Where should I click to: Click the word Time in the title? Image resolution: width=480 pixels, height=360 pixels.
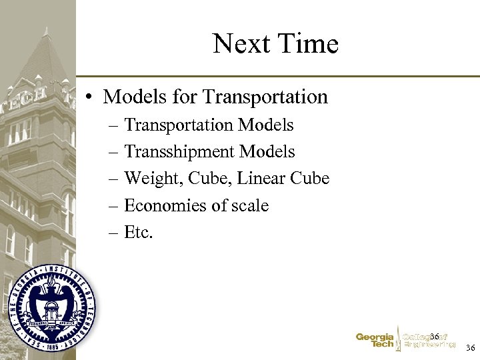pos(309,45)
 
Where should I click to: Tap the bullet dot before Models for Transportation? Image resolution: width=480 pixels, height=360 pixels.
pos(89,97)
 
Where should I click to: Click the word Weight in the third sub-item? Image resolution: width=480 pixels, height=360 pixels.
pos(150,179)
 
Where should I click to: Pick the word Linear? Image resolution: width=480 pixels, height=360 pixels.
pos(262,179)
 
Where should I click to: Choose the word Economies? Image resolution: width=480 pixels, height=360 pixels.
pos(165,206)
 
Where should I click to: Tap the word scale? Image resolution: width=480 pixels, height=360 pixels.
pos(250,206)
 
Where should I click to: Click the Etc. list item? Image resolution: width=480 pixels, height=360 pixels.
pos(139,233)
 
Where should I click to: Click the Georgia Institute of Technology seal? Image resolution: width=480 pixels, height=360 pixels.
pos(51,307)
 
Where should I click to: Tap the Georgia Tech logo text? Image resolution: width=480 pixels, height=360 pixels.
pos(375,341)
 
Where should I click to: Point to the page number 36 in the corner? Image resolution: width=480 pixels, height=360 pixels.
pos(470,348)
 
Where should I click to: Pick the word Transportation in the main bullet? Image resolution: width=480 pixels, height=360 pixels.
pos(265,97)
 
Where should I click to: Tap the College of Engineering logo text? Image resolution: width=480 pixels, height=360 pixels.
pos(429,341)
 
